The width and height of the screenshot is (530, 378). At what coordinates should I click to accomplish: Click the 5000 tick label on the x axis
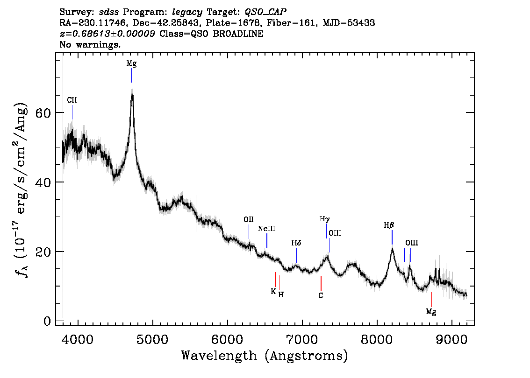[x=152, y=337]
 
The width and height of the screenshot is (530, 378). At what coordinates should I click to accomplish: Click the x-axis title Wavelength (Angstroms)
[x=265, y=356]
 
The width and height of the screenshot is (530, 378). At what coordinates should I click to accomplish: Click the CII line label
[x=72, y=100]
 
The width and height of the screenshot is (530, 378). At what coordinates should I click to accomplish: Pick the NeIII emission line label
[x=266, y=229]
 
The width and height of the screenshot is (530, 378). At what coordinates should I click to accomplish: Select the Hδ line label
[x=296, y=243]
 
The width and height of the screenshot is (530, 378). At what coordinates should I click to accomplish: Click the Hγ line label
[x=324, y=218]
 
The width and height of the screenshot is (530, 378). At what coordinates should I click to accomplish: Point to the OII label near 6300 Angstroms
[x=249, y=219]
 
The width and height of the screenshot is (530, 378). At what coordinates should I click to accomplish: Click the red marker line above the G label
[x=321, y=283]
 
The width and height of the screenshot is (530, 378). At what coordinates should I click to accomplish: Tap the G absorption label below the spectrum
[x=321, y=295]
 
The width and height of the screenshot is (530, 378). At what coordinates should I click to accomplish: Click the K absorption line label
[x=273, y=291]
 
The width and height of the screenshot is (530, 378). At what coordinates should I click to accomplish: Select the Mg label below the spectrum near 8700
[x=431, y=311]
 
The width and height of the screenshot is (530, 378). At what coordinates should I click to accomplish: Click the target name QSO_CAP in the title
[x=265, y=11]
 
